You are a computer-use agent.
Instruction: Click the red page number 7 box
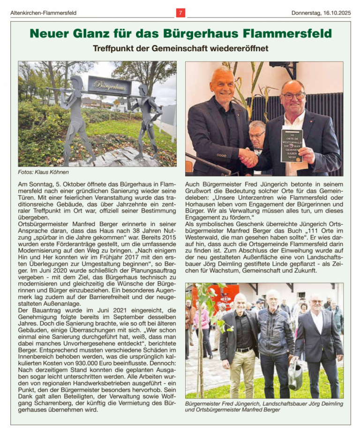tap(180, 13)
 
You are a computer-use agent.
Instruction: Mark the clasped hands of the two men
tap(248, 158)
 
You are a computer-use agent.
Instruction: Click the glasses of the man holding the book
tap(293, 96)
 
